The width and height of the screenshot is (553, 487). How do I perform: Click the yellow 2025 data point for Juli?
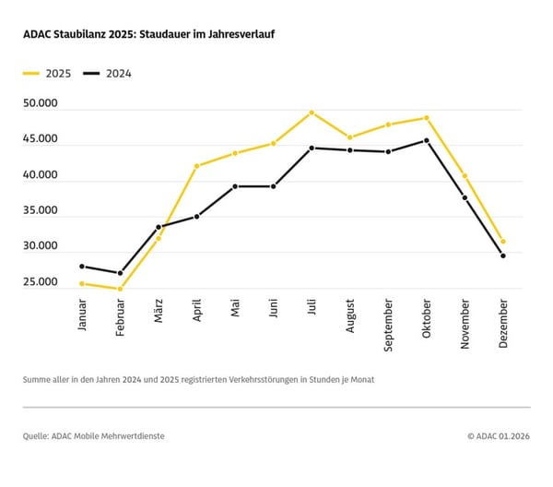[312, 113]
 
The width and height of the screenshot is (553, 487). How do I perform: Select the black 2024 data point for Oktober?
[426, 140]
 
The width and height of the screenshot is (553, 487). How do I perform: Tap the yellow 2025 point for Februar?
[120, 289]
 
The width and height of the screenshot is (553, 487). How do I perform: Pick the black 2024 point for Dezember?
[502, 255]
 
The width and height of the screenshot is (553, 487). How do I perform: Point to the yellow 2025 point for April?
[196, 166]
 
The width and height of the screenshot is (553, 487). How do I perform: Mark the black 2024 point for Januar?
[82, 267]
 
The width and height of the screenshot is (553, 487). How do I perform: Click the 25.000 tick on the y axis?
[41, 282]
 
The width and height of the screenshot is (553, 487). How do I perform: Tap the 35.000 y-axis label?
[41, 211]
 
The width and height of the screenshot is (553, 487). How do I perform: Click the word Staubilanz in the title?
[82, 34]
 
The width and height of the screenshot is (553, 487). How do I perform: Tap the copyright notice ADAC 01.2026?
[502, 435]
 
